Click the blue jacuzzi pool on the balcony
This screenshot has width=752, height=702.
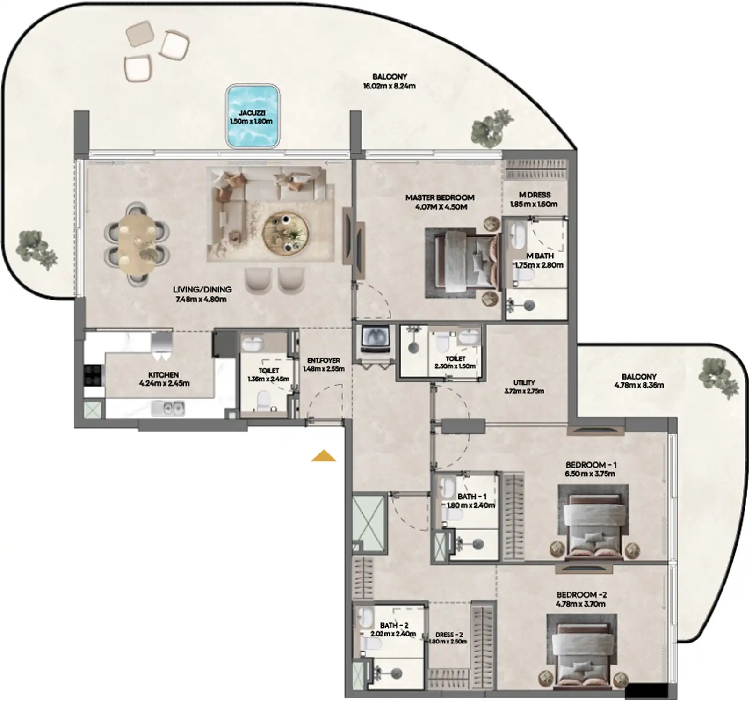click(252, 116)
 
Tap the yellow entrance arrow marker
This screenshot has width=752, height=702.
click(324, 456)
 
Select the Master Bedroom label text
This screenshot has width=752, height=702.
click(440, 197)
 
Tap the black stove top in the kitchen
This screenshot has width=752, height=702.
click(93, 375)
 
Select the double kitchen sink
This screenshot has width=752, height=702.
click(167, 409)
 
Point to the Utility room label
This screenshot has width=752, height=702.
click(524, 382)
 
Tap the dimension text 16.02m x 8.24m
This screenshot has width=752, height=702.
click(389, 86)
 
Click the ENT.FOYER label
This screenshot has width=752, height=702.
click(324, 360)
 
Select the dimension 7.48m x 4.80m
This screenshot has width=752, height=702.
click(201, 299)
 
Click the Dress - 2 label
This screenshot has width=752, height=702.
click(448, 635)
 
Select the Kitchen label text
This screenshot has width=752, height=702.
click(163, 375)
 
